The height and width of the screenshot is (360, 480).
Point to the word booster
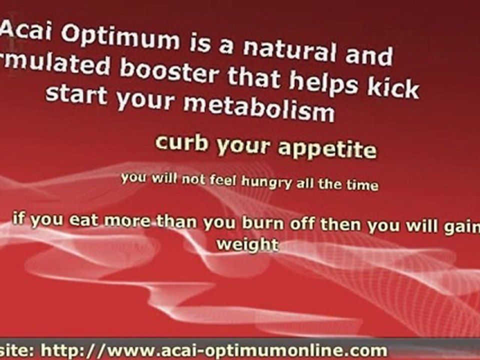[x=169, y=72]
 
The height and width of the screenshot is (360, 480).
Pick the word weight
[x=247, y=245]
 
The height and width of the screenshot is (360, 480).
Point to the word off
[x=303, y=223]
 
